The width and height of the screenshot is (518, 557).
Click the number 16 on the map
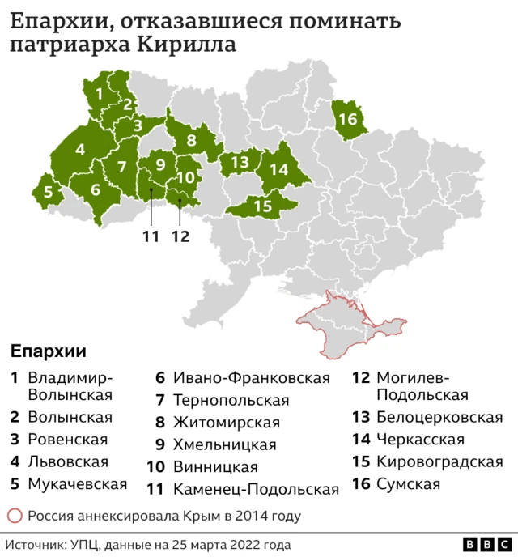coord(347,119)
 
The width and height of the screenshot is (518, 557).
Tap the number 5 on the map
coord(48,193)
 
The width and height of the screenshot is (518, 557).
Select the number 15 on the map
coord(262,206)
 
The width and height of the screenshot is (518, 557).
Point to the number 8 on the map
coord(192,141)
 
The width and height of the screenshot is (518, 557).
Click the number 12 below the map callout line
coord(180,236)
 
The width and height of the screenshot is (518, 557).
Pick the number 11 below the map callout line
coord(150,236)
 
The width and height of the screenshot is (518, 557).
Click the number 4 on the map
coord(80,150)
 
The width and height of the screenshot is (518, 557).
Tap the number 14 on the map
coord(278,169)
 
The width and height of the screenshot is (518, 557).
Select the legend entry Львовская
coord(68,462)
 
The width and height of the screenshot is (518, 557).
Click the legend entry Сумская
coord(408,484)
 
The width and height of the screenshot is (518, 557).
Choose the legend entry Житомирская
coord(226,423)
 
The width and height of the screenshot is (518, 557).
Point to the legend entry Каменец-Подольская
coord(256,489)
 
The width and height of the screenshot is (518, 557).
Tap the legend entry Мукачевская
coord(78,484)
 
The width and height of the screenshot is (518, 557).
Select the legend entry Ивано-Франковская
coord(251,378)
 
